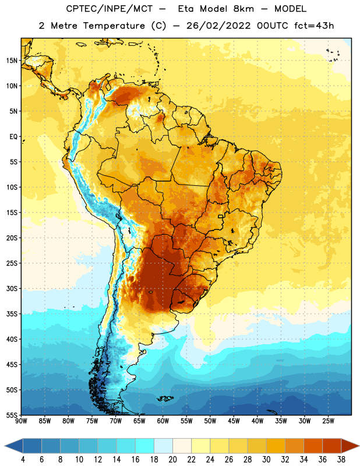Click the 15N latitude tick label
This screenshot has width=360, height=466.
click(x=12, y=61)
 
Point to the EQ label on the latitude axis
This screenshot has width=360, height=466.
click(x=13, y=137)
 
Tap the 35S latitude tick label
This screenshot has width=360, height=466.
click(x=12, y=314)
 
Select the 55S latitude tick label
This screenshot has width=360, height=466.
click(x=12, y=415)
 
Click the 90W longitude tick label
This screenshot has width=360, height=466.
click(x=21, y=421)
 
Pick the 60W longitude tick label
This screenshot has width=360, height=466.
click(x=163, y=421)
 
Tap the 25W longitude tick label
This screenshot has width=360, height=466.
click(x=328, y=421)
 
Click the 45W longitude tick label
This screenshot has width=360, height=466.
click(x=234, y=421)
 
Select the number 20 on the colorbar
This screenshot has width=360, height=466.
click(x=172, y=460)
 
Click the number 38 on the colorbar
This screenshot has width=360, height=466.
click(x=341, y=460)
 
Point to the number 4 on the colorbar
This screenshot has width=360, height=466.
click(x=23, y=460)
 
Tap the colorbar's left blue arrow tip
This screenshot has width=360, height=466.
click(x=5, y=446)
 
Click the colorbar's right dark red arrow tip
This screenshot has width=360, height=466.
click(x=359, y=446)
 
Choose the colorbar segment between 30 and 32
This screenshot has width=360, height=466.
click(x=276, y=446)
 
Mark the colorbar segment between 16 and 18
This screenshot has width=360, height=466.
click(x=144, y=446)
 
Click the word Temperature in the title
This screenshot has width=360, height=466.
click(x=114, y=26)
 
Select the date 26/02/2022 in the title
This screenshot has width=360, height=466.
click(x=218, y=26)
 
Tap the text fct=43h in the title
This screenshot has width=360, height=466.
click(x=314, y=26)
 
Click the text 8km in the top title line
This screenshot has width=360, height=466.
click(x=243, y=9)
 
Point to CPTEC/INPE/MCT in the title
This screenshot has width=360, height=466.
click(x=109, y=9)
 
